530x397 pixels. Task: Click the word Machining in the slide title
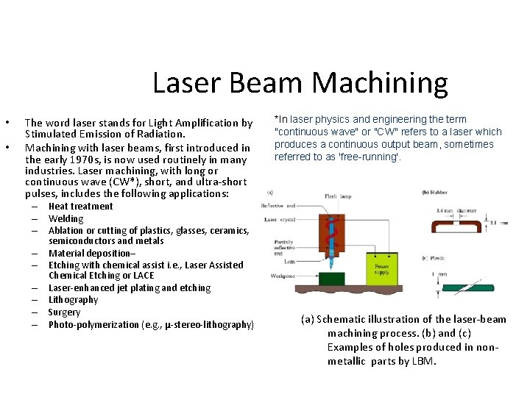click(380, 83)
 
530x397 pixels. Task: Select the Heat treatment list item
click(80, 207)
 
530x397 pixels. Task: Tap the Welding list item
click(66, 218)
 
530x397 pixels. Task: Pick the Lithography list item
click(73, 300)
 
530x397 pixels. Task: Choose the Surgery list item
click(64, 312)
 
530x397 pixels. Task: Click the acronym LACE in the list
click(144, 276)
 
